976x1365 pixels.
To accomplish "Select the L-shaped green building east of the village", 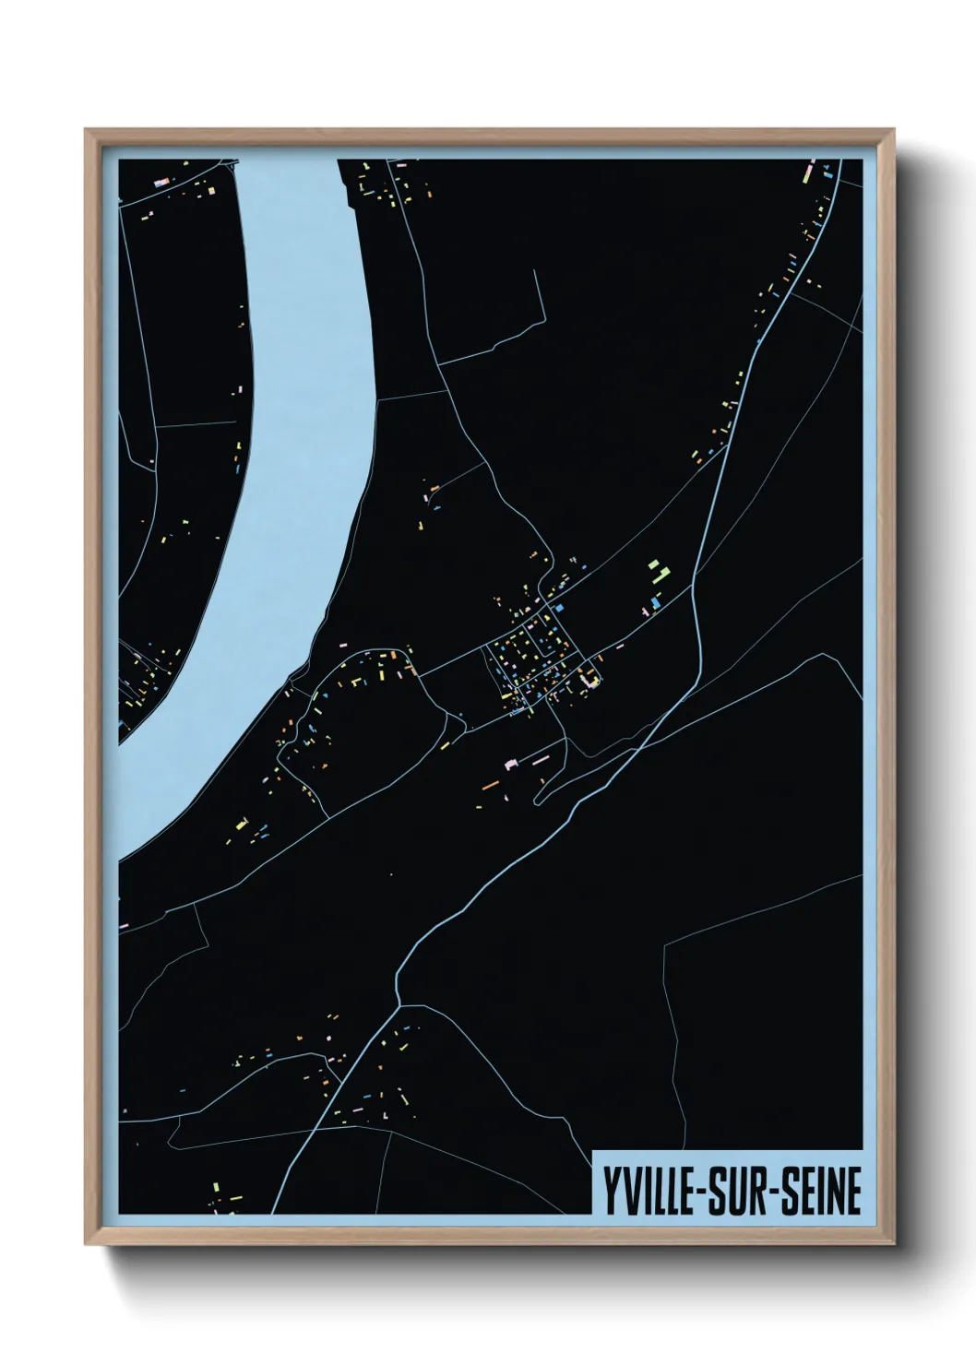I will point(662,576).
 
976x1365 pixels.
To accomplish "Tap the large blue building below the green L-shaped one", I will point(655,603).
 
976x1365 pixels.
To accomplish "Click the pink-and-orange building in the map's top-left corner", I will point(162,184).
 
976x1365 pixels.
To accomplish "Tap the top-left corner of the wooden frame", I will point(86,130).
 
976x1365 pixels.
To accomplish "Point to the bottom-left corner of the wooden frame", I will point(86,1245).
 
